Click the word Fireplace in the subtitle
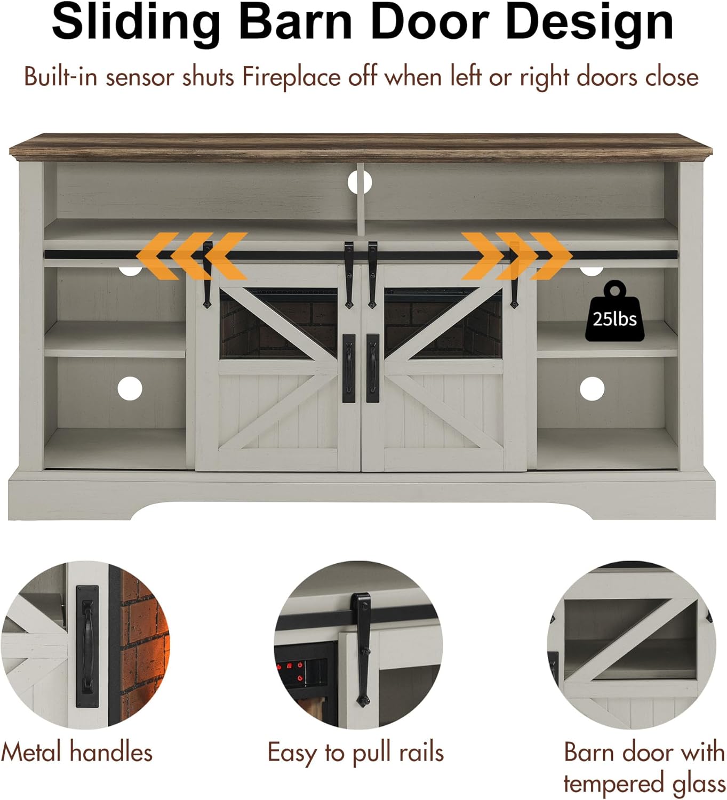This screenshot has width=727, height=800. tap(292, 77)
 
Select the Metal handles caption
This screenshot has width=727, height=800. tap(77, 753)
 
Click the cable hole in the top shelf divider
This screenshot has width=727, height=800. tap(359, 182)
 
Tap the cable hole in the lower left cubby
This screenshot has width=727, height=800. tap(130, 388)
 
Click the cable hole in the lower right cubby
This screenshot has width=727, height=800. tap(592, 388)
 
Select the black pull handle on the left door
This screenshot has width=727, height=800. tap(348, 368)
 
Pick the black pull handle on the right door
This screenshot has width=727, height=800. tap(373, 368)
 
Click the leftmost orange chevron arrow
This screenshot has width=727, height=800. tap(157, 255)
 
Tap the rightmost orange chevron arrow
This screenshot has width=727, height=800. tap(551, 255)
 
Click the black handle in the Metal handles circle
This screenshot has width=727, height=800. tap(87, 645)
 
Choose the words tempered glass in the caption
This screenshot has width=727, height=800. tap(644, 784)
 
